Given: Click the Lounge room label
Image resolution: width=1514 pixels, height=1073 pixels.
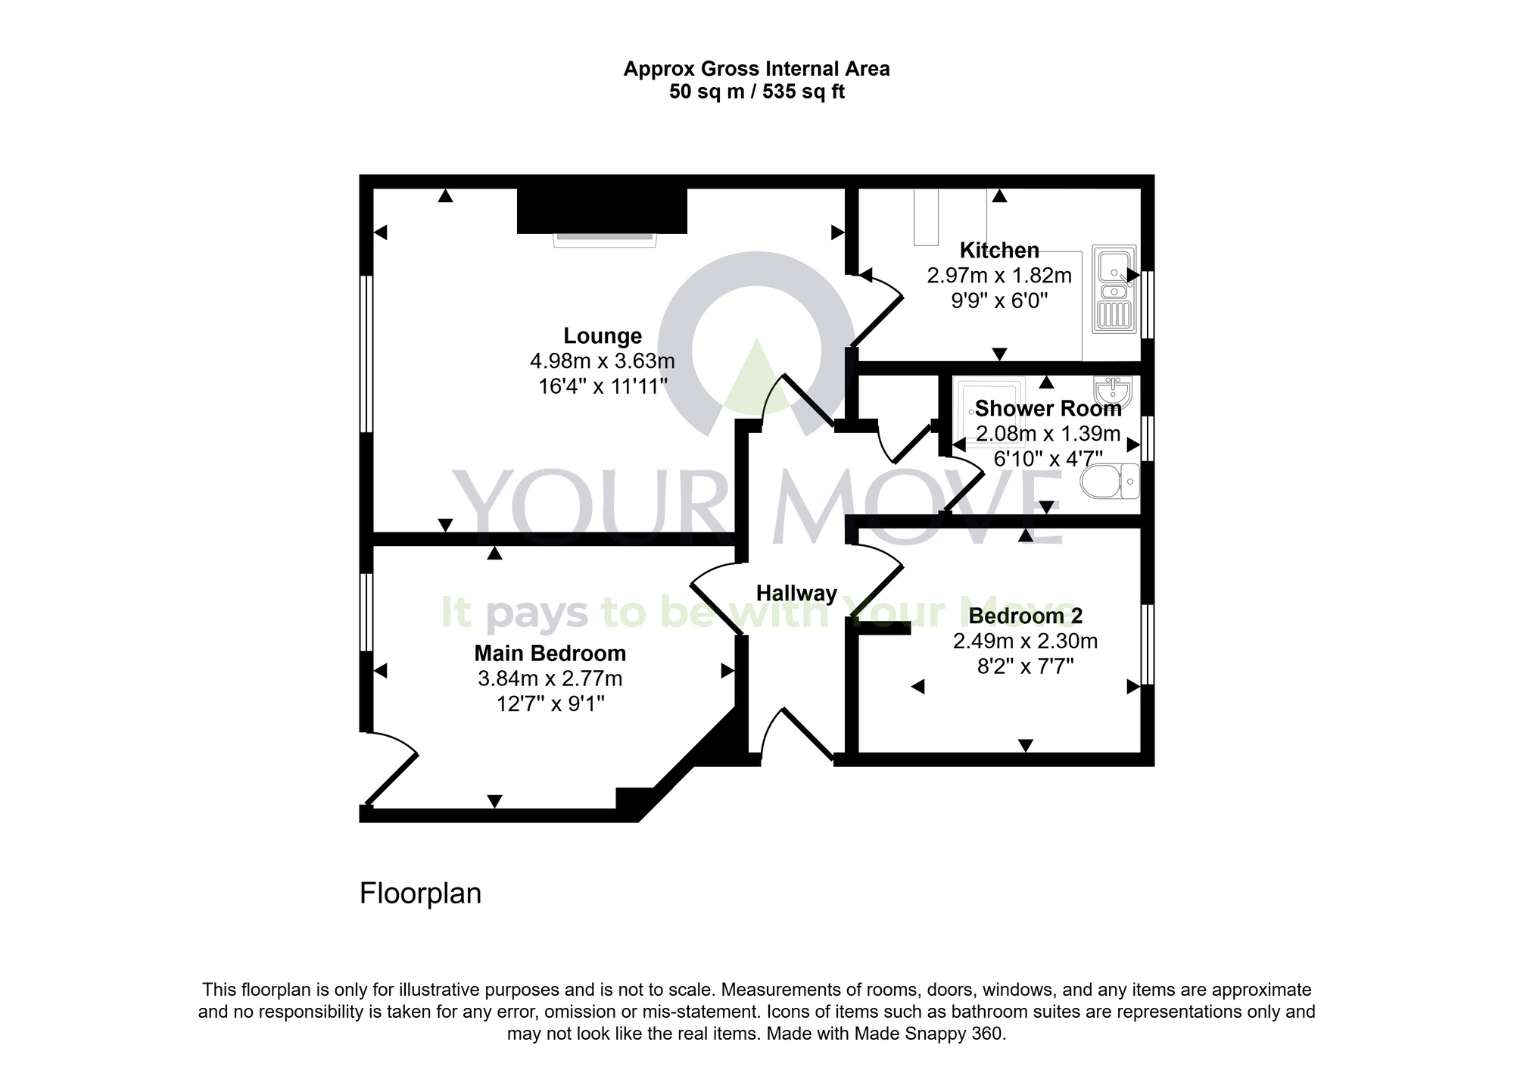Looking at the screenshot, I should coord(603,335).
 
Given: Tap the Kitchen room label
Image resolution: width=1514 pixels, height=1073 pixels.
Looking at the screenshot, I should coord(999,250).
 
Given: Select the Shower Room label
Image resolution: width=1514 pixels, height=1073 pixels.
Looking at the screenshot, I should coord(1048,409).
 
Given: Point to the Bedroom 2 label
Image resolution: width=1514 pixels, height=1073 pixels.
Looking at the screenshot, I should coord(1026,616).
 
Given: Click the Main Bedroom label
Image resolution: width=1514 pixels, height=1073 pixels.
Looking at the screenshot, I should coord(550,653).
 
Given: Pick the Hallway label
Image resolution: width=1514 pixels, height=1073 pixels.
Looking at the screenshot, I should coord(796,593).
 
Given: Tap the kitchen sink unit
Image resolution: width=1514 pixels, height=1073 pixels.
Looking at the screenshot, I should coord(1114,289).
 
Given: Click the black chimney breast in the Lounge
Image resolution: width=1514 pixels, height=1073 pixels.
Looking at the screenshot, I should coord(602,211).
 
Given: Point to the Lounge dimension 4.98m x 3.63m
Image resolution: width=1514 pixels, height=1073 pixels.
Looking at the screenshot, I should coord(603,360).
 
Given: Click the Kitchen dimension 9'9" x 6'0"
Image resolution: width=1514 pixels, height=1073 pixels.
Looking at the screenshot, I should coord(999,301).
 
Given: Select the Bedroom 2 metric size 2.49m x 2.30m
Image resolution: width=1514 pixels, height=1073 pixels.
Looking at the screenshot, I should coord(1025,641).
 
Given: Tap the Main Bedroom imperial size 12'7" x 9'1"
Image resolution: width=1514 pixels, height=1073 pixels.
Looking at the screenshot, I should coord(550,704).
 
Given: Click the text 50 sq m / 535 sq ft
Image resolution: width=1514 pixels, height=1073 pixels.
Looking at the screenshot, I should coord(756,92).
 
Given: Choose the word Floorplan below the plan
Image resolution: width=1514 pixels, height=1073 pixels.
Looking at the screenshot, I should coord(420,894).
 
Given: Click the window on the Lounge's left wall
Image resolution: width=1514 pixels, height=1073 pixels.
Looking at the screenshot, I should coord(366,354).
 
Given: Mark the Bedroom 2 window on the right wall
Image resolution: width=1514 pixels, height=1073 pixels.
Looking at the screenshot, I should coord(1148,644).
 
